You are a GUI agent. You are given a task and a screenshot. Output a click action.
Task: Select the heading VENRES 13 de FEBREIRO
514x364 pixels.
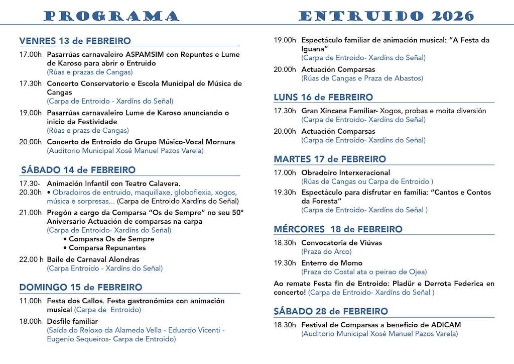[x=75, y=41]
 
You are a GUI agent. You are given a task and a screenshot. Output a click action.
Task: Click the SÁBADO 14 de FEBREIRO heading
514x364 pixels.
[x=78, y=170]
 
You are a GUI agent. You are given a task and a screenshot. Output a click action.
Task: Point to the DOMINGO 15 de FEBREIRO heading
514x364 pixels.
[x=80, y=288]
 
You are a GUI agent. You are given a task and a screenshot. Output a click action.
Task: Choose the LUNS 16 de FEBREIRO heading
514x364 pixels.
[x=323, y=97]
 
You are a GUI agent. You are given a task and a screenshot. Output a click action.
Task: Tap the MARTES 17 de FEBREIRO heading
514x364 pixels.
[x=330, y=159]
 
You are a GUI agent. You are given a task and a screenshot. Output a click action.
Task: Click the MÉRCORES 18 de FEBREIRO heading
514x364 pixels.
[x=338, y=229]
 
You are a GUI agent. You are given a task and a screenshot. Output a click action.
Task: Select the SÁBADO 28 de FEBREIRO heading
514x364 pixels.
[x=330, y=312]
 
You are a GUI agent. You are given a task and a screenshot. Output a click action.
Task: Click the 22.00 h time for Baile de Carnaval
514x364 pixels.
[x=31, y=260]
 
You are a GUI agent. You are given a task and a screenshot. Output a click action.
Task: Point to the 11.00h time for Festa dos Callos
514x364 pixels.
[x=30, y=301]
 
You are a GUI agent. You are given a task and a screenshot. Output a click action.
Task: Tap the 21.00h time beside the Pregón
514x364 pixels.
[x=30, y=213]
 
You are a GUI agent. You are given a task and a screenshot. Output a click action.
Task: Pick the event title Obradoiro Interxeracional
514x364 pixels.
[x=345, y=173]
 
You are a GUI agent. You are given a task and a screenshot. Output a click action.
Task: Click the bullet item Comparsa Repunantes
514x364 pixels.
[x=107, y=248]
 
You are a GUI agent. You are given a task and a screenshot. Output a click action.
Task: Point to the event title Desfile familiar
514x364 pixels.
[x=72, y=321]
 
